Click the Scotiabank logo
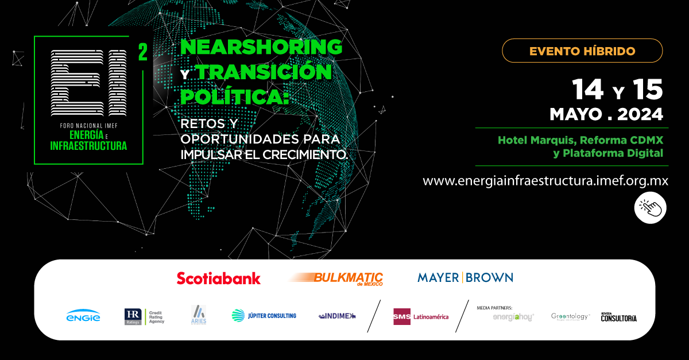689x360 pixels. (218, 278)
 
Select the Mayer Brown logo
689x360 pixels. (465, 278)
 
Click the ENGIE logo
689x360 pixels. (83, 316)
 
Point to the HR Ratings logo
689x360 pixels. (145, 316)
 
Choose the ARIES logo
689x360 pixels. (199, 315)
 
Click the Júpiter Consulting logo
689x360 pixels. (264, 315)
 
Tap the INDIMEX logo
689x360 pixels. (337, 315)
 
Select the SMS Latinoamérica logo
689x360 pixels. (421, 316)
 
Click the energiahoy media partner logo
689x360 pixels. (513, 317)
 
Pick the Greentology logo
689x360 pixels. (570, 316)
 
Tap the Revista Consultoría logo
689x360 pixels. (618, 317)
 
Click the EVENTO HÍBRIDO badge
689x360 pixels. (582, 51)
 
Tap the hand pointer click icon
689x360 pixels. (650, 207)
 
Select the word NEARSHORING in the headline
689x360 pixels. (261, 47)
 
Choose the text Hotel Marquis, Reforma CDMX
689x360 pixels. (580, 140)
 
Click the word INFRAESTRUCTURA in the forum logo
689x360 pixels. (88, 145)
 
